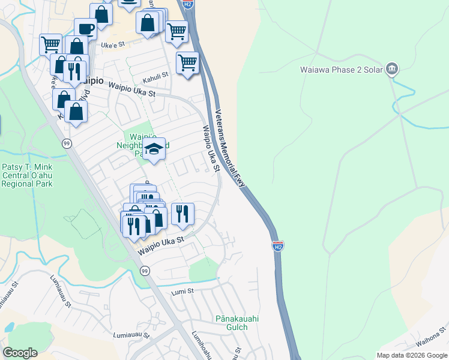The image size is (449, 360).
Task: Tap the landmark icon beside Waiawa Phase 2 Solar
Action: (x=392, y=69)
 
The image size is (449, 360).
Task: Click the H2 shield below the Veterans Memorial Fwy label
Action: (x=277, y=246)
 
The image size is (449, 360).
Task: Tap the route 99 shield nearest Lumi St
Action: (x=144, y=271)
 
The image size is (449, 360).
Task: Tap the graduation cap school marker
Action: (x=154, y=149)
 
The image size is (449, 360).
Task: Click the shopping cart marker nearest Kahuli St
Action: (x=188, y=62)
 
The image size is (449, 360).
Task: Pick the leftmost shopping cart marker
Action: (x=50, y=44)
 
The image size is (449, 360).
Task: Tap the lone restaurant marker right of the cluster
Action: (x=182, y=214)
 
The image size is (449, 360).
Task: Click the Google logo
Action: (x=20, y=352)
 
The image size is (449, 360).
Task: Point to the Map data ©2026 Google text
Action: (x=411, y=355)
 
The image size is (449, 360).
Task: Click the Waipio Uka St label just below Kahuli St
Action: (x=131, y=89)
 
